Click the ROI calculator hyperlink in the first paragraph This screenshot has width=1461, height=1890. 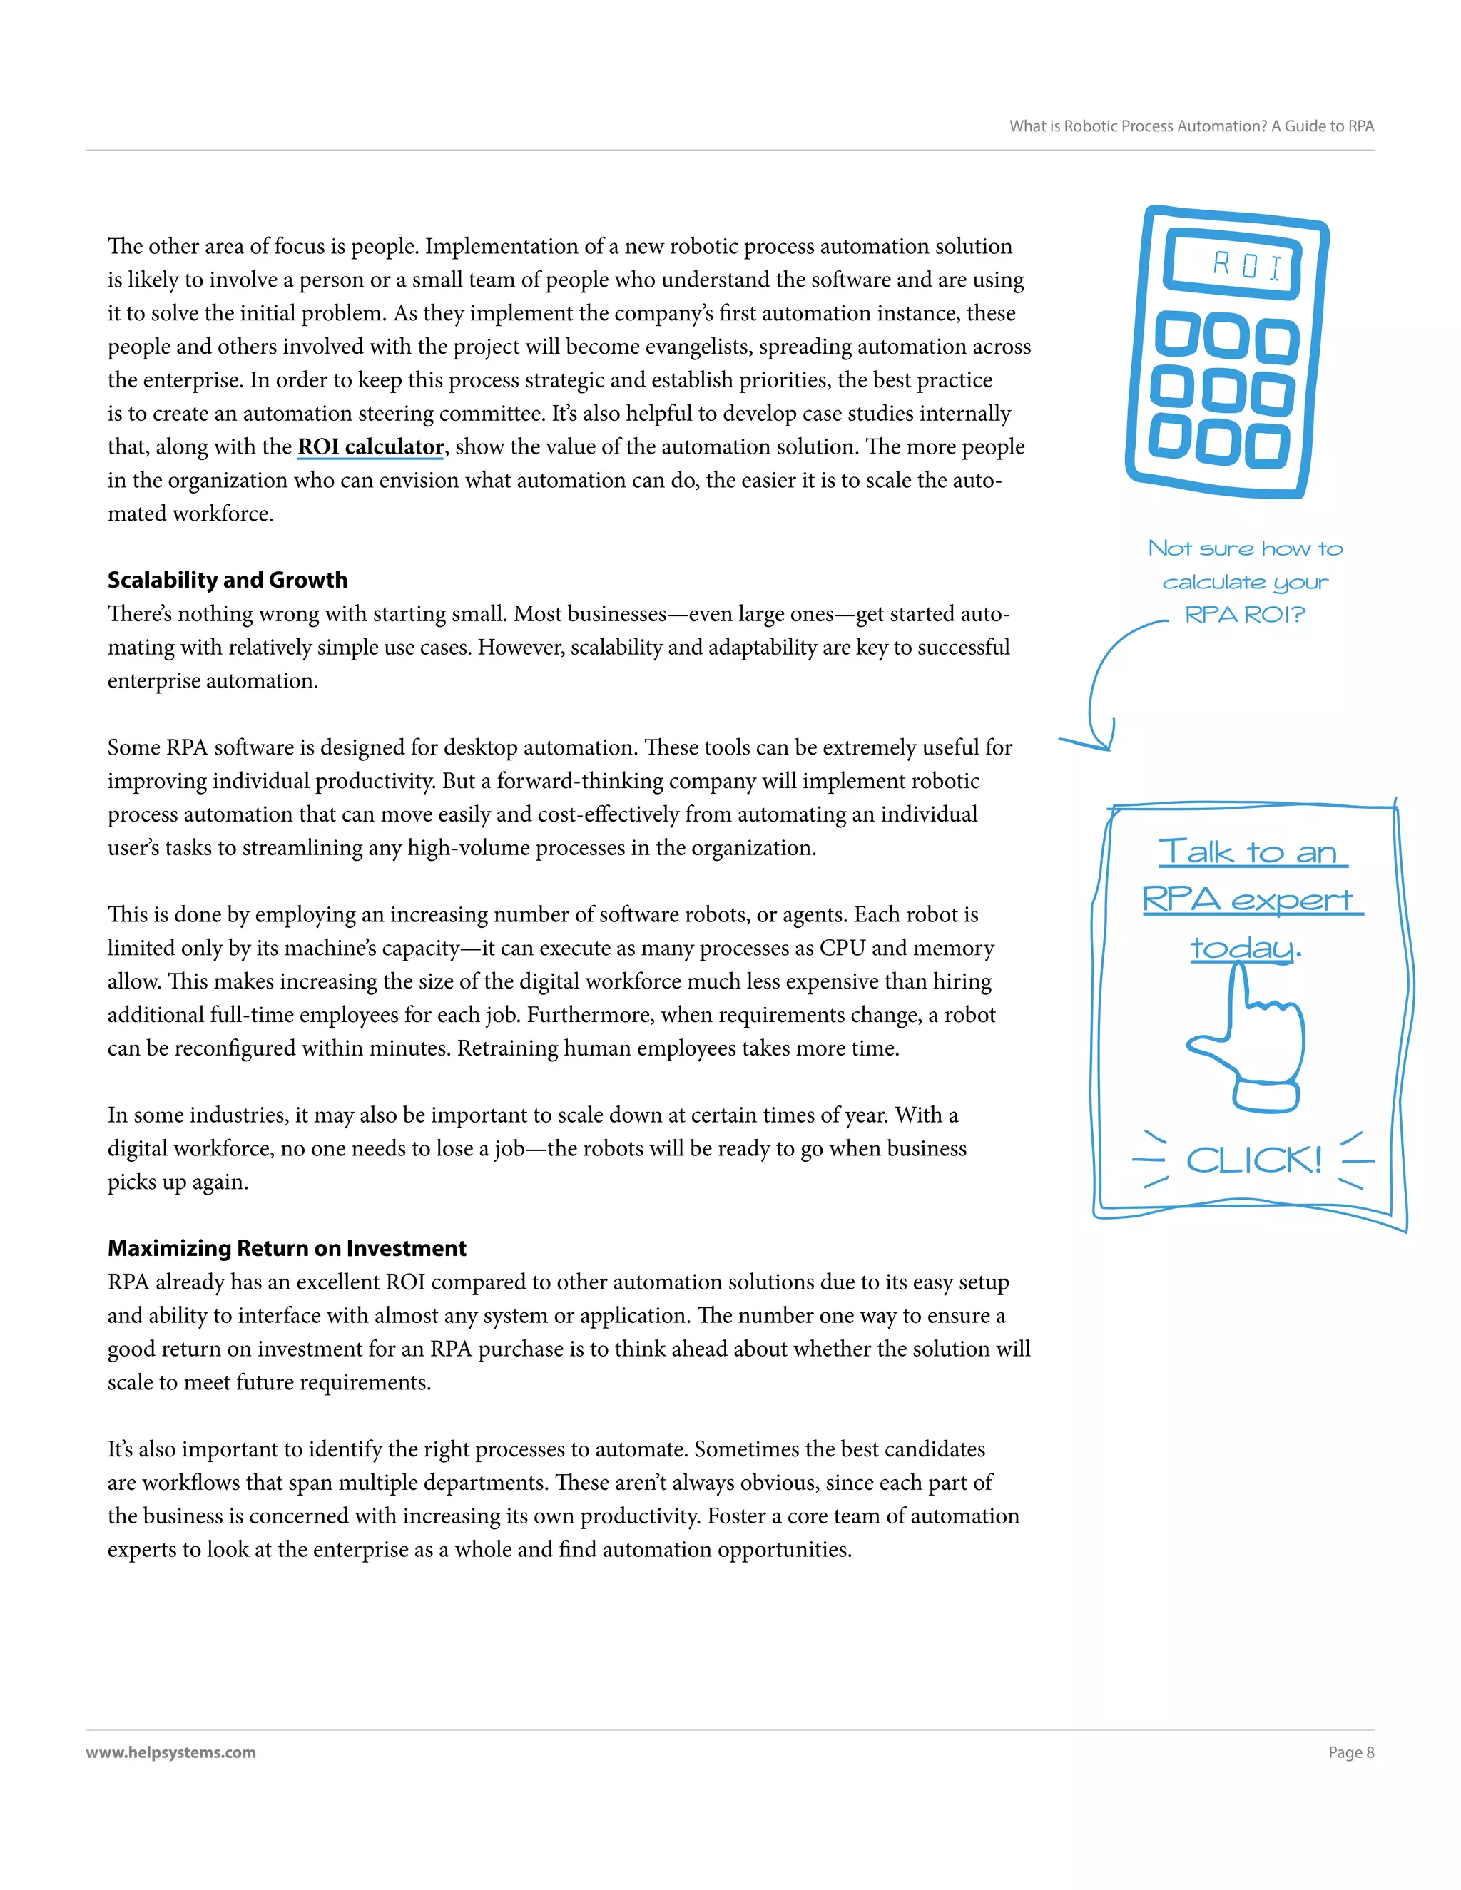click(370, 446)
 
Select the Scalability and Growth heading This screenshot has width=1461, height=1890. click(228, 580)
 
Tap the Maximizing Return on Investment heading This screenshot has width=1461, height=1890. click(287, 1248)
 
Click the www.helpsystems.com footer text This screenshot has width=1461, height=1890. click(170, 1752)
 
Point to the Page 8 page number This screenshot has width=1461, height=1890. click(1351, 1752)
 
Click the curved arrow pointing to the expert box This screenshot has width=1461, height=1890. click(1104, 684)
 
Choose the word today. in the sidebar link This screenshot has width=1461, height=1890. click(1245, 948)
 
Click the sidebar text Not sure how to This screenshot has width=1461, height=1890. click(1246, 548)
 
